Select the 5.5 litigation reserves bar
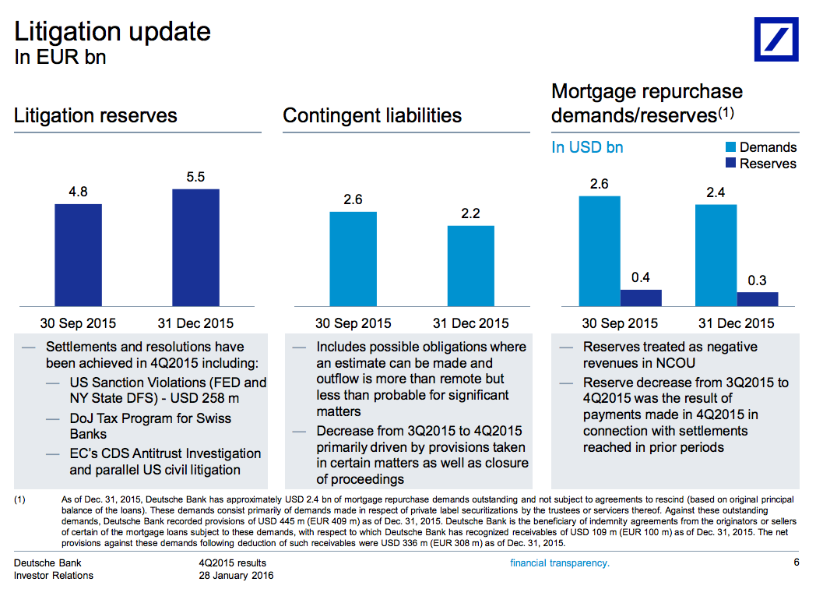click(x=195, y=247)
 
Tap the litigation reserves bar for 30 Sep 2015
click(x=78, y=255)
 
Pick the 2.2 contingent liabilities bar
click(x=470, y=266)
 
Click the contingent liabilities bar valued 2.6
click(x=353, y=259)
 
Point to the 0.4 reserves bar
click(x=641, y=298)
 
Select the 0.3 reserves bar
click(x=757, y=298)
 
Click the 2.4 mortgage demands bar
click(x=716, y=255)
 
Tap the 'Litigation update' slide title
click(x=112, y=32)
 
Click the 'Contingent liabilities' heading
click(x=372, y=116)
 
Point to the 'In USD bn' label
click(x=587, y=147)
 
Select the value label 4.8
click(x=78, y=192)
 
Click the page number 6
click(x=797, y=563)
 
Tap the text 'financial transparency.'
click(x=559, y=563)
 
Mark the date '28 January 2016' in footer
click(x=236, y=576)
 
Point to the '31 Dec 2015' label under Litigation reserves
click(x=195, y=323)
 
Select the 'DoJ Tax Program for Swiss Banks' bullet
click(x=149, y=426)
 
